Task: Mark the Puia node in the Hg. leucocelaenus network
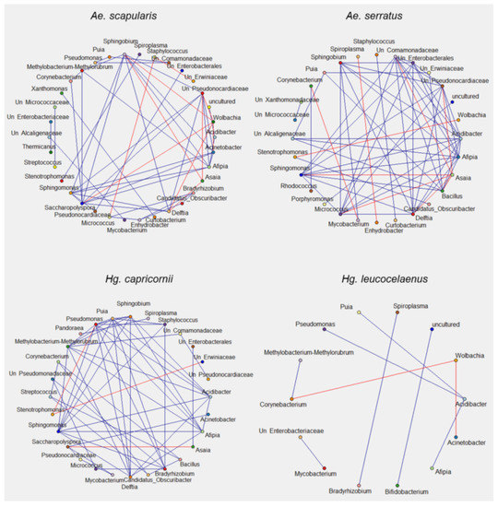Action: (360, 313)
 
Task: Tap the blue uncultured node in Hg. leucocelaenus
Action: (431, 329)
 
